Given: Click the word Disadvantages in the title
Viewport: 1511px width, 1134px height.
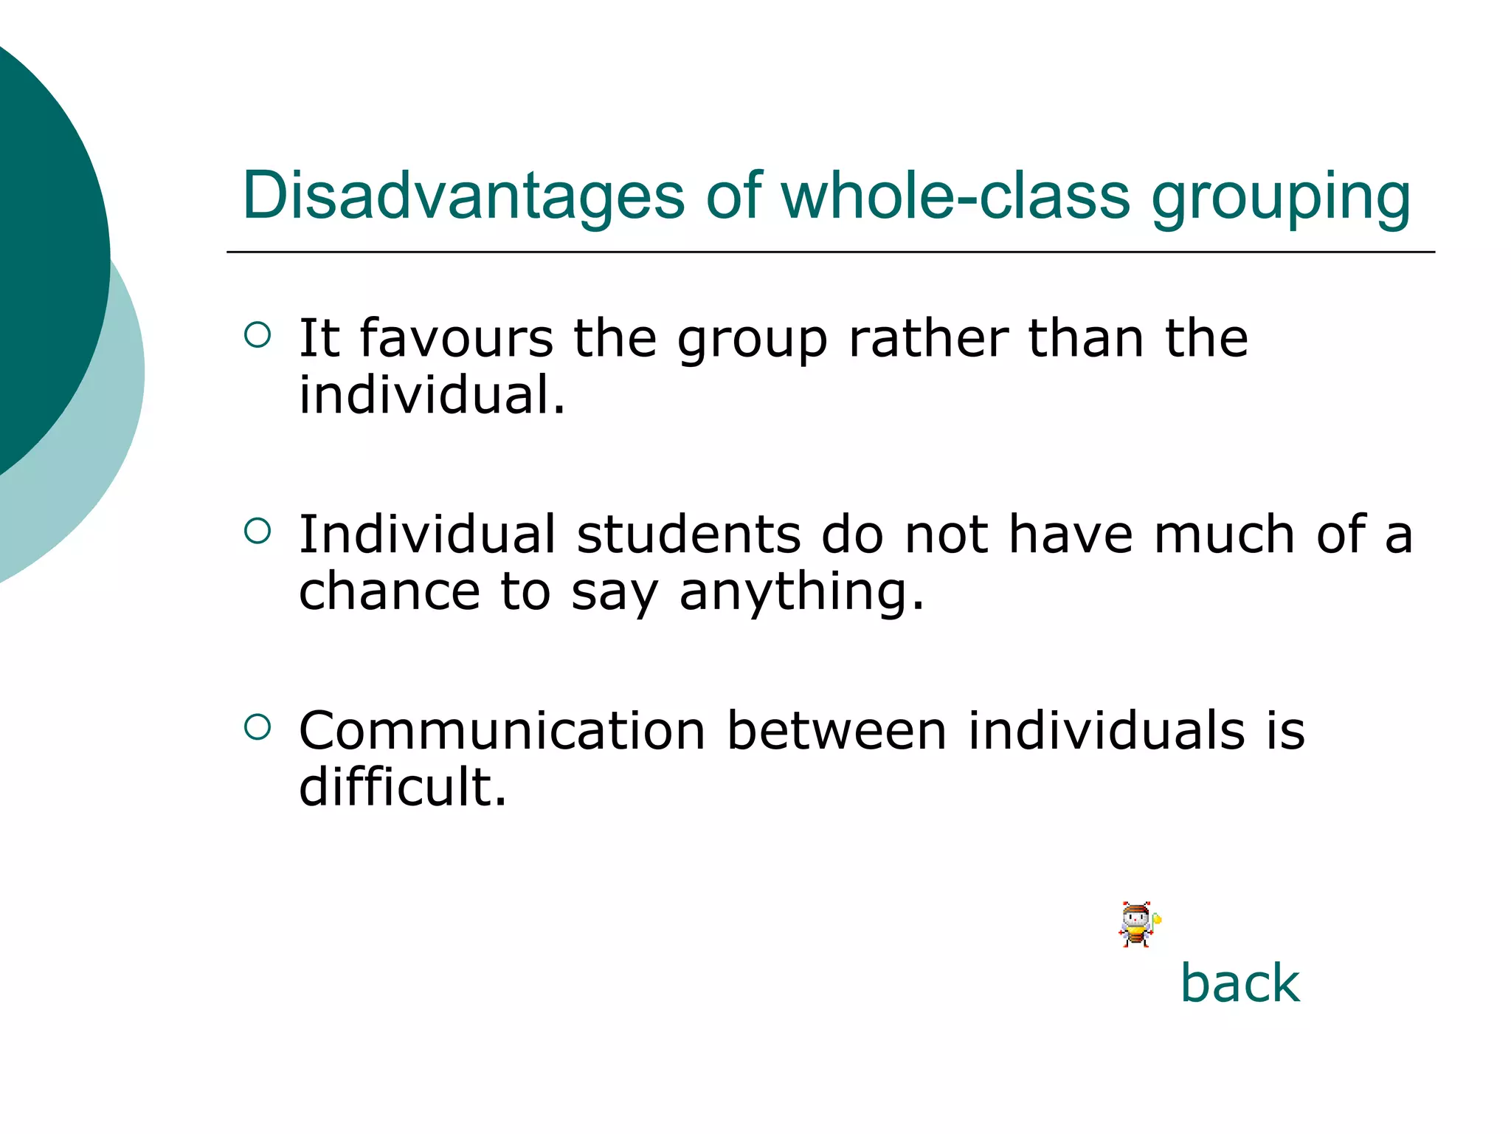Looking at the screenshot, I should coord(463,196).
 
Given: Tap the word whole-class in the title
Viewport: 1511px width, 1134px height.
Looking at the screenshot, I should coord(955,196).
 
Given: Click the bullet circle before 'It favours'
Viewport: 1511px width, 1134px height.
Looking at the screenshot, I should coord(257,335).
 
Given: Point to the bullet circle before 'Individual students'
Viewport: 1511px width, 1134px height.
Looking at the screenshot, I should coord(257,531).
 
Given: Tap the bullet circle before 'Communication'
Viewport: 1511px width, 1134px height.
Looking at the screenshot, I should coord(257,727).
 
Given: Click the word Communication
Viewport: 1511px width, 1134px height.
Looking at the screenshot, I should coord(502,730).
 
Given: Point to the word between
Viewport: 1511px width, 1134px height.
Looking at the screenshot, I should coord(837,730).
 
